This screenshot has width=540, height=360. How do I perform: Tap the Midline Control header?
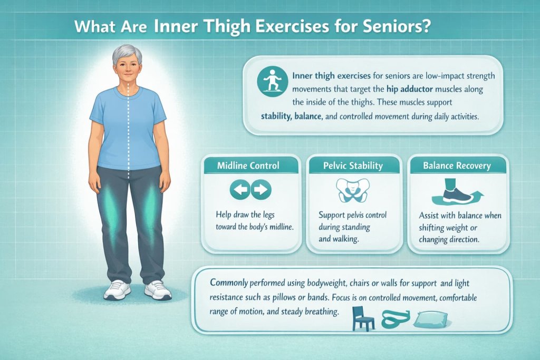[x=248, y=166]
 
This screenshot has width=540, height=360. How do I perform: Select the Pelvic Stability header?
[x=353, y=166]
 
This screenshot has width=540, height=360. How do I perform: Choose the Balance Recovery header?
[x=457, y=166]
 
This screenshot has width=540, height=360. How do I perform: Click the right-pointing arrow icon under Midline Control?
[x=261, y=190]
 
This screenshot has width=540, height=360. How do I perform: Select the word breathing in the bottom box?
[x=319, y=312]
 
